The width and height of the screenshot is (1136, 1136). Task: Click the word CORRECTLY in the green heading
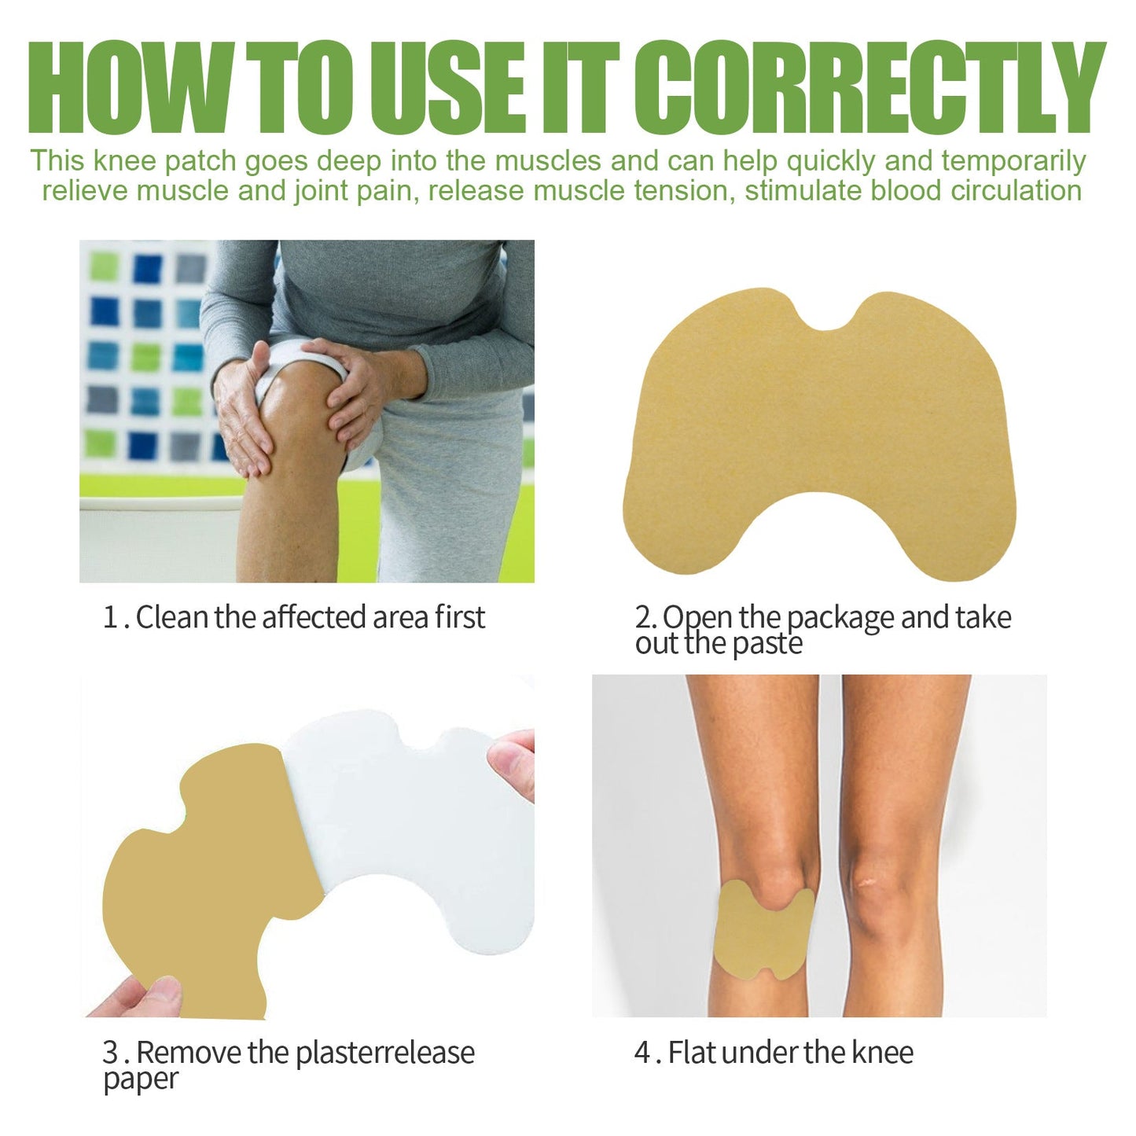[x=869, y=88]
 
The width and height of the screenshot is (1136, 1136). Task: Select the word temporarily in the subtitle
[x=1013, y=161]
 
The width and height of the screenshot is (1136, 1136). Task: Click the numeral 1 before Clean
[x=110, y=618]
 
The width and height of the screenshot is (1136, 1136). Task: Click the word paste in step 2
[x=767, y=644]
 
